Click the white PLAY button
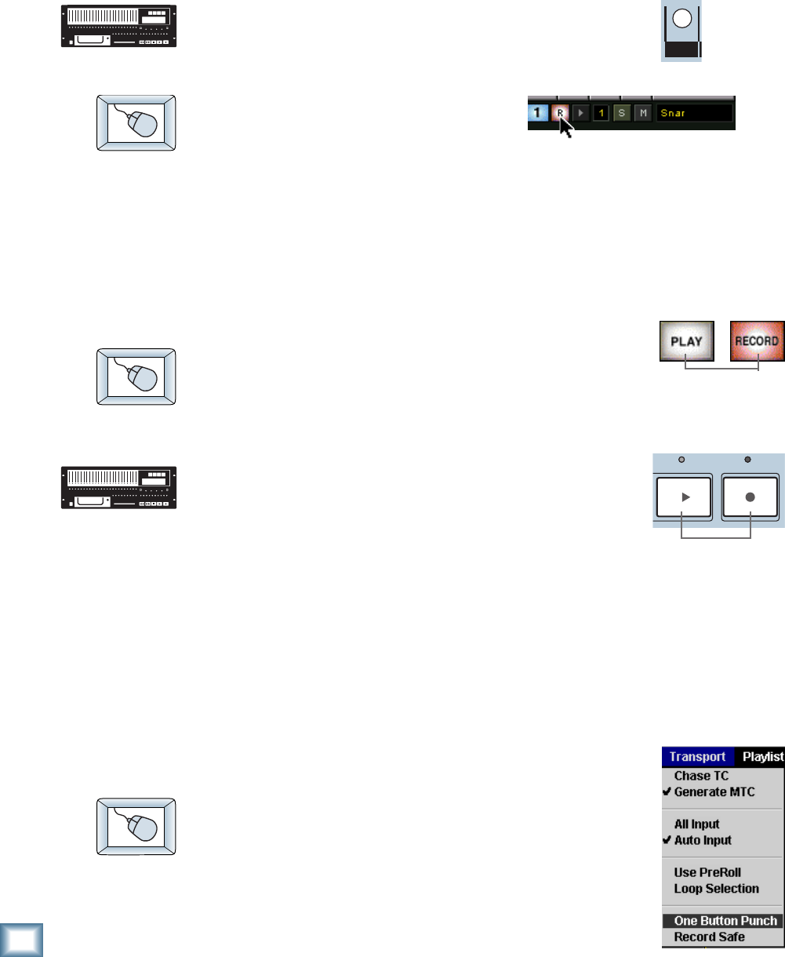[x=686, y=341]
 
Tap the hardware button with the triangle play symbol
[x=683, y=497]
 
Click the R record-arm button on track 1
[x=560, y=113]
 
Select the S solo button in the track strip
[x=622, y=113]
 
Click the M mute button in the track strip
[x=643, y=113]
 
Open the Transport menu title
[x=697, y=757]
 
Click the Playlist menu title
[x=762, y=757]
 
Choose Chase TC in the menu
[x=701, y=776]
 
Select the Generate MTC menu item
[x=714, y=791]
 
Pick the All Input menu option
[x=696, y=824]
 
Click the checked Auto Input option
[x=703, y=840]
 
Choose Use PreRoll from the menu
[x=707, y=872]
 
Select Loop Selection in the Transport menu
[x=716, y=889]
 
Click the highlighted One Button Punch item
[x=725, y=921]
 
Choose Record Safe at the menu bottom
[x=709, y=937]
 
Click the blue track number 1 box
[x=538, y=113]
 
